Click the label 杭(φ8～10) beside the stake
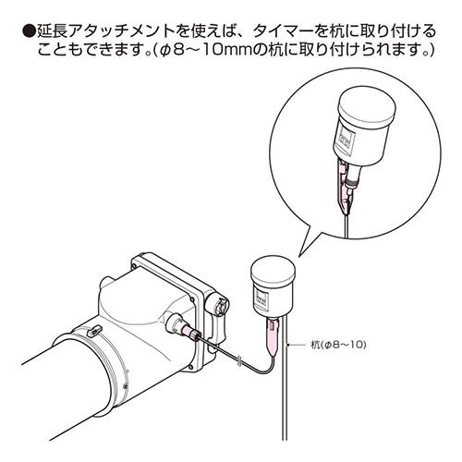click(x=338, y=345)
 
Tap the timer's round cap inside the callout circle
click(x=367, y=104)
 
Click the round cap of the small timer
click(x=274, y=272)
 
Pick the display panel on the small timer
click(x=262, y=298)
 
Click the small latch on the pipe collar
click(x=94, y=331)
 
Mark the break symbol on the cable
click(x=239, y=359)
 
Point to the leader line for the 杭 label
click(x=298, y=345)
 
